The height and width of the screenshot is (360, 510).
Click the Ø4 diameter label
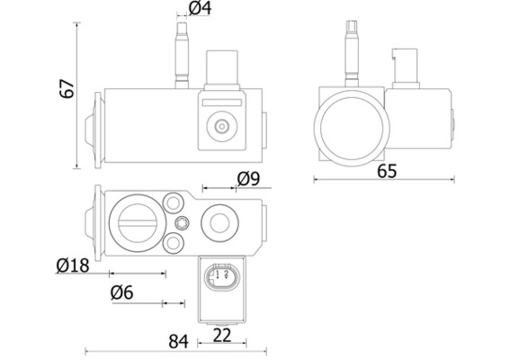200,8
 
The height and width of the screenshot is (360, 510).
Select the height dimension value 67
67,88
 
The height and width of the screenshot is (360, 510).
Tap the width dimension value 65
387,171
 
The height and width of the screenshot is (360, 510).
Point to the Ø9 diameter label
248,179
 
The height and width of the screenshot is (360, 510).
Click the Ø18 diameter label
73,265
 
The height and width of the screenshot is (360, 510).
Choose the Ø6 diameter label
122,292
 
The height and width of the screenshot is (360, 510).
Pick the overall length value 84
179,341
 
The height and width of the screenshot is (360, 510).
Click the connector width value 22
222,336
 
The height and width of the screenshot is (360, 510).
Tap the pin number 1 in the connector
218,274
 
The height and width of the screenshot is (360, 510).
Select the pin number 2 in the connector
227,274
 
